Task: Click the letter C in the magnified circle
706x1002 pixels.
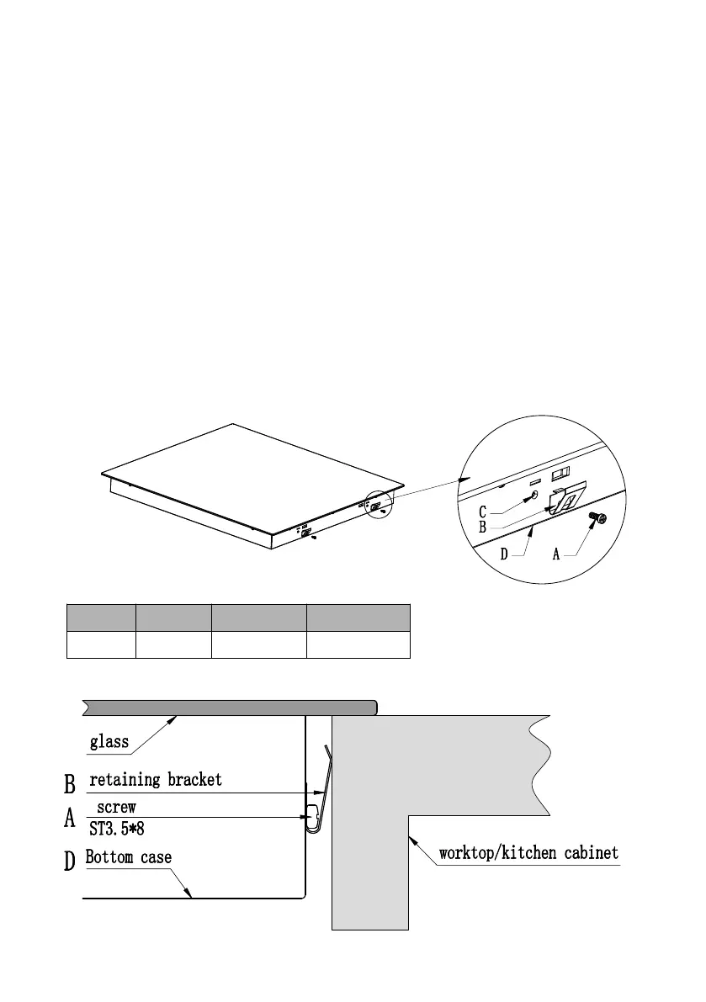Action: click(x=483, y=511)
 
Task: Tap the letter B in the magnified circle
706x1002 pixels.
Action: click(x=483, y=527)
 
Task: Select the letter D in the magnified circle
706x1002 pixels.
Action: click(x=504, y=554)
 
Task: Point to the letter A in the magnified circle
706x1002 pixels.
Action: click(x=556, y=554)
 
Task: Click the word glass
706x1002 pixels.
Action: click(x=109, y=741)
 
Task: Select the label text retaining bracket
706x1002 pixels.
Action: click(x=156, y=780)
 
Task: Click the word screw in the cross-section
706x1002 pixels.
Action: click(x=116, y=807)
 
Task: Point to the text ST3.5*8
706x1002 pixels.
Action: click(x=117, y=828)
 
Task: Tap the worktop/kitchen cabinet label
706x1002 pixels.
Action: click(x=528, y=853)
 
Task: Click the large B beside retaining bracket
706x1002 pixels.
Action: click(x=71, y=784)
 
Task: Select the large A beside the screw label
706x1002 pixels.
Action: click(x=71, y=819)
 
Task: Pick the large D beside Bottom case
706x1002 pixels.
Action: click(x=71, y=862)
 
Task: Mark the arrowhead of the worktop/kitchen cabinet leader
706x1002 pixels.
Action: click(x=412, y=838)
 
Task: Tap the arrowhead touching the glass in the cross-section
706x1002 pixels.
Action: click(x=175, y=718)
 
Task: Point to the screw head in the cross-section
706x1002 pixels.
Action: click(x=310, y=815)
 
